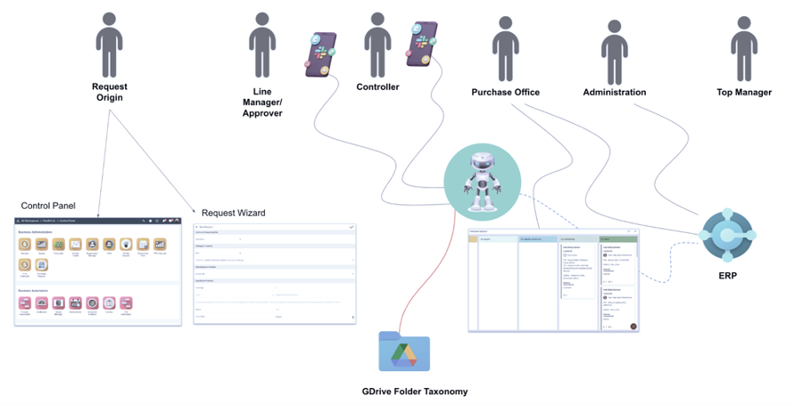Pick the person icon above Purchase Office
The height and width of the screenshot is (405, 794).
(504, 50)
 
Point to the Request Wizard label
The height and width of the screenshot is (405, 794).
(234, 213)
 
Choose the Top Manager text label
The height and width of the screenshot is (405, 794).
(744, 92)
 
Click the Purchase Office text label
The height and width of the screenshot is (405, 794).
(506, 92)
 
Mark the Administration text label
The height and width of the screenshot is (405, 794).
(614, 92)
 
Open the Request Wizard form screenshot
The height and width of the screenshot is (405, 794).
(275, 272)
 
